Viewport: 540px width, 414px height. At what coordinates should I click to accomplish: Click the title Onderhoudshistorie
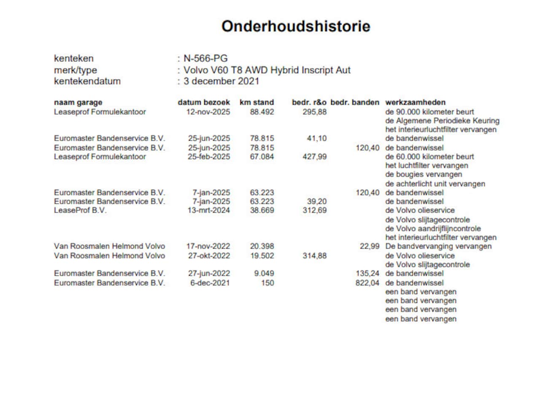(x=296, y=26)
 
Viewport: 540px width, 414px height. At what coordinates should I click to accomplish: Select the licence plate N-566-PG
(x=205, y=59)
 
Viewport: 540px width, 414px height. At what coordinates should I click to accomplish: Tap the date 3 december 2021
(x=221, y=81)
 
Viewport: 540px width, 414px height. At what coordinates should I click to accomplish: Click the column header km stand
(x=256, y=102)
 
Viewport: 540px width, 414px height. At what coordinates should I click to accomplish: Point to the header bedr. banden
(x=355, y=102)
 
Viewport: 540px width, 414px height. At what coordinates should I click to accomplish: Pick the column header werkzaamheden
(x=415, y=102)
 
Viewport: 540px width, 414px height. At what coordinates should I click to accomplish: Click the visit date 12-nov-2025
(x=208, y=112)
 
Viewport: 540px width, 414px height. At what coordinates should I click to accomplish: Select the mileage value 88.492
(x=262, y=112)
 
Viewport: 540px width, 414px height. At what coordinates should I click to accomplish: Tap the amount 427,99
(x=314, y=157)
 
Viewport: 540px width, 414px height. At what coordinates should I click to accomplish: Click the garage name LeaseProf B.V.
(x=80, y=210)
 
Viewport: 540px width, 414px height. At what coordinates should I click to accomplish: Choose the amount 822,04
(x=367, y=283)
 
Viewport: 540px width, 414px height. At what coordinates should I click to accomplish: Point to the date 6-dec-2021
(x=210, y=283)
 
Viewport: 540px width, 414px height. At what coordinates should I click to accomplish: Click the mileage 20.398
(x=262, y=246)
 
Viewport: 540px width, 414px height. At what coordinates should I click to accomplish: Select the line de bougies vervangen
(x=424, y=174)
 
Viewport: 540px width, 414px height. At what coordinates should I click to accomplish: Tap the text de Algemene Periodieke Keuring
(x=442, y=121)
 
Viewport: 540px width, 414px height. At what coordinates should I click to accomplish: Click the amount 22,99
(x=370, y=246)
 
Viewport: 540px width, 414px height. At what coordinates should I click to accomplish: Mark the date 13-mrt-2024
(x=209, y=210)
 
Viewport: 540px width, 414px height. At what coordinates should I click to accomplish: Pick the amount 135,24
(x=367, y=273)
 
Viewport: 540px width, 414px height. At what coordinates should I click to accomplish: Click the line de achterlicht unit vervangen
(x=435, y=184)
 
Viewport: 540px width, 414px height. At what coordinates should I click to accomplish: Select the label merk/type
(x=76, y=70)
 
